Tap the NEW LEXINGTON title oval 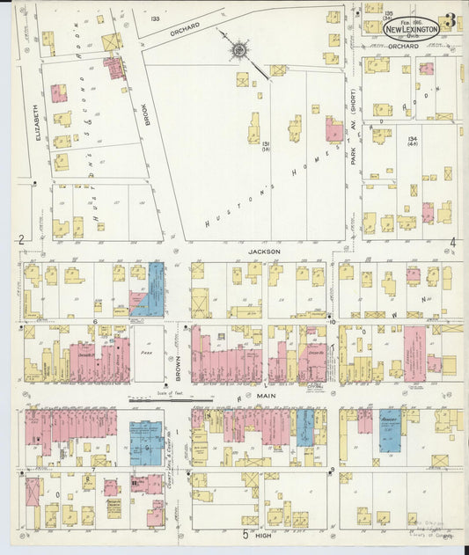411,29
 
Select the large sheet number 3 450,20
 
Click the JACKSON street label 263,251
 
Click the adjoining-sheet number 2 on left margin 19,239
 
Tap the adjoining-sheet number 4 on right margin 452,242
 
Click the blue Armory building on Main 391,429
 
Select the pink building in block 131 334,131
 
